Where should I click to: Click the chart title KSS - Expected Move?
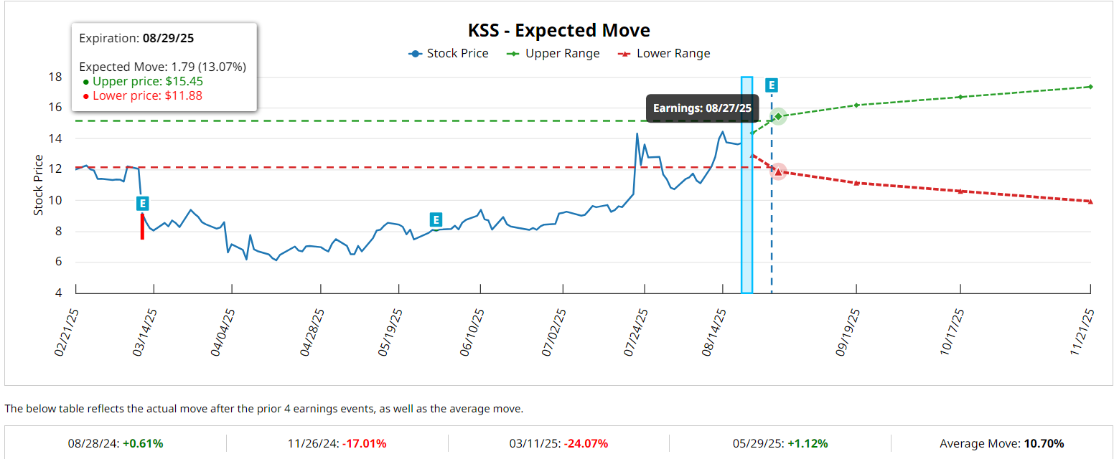(x=558, y=31)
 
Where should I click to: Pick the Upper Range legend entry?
(x=553, y=54)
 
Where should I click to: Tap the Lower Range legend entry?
(x=664, y=54)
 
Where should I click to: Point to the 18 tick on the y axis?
(x=55, y=77)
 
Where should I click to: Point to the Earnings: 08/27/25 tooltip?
(x=702, y=108)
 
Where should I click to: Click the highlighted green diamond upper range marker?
(x=778, y=116)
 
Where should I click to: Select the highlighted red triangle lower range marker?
(x=778, y=171)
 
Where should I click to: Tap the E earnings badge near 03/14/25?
(x=143, y=204)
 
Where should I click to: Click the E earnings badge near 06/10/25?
(x=436, y=219)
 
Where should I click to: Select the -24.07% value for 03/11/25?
(x=586, y=443)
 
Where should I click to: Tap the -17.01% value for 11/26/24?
(x=364, y=443)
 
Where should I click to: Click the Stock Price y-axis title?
(x=39, y=189)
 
